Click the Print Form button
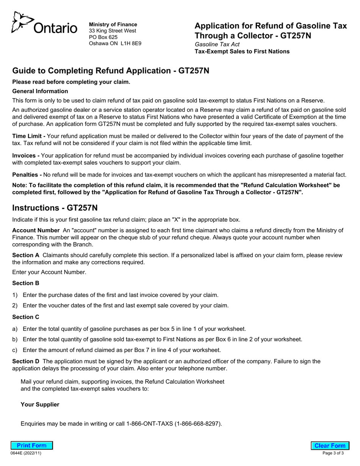tap(32, 446)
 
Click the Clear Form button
tap(330, 446)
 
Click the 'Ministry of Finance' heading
tap(113, 24)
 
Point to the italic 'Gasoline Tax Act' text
tap(217, 44)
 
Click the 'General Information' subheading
tap(40, 91)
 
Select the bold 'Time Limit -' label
tap(29, 136)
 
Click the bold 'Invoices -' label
tap(26, 156)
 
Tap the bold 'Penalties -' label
tap(27, 175)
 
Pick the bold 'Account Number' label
tap(36, 230)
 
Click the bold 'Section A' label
tap(26, 255)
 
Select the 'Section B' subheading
tap(26, 283)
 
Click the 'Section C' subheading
tap(26, 317)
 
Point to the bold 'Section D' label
tap(26, 361)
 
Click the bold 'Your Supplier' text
tap(40, 405)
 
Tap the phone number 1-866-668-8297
tap(198, 424)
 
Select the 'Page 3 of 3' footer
tap(333, 453)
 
